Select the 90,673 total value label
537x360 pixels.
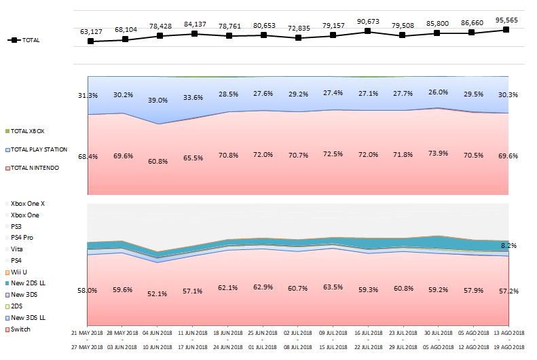point(367,20)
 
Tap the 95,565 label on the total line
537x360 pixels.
point(506,20)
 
